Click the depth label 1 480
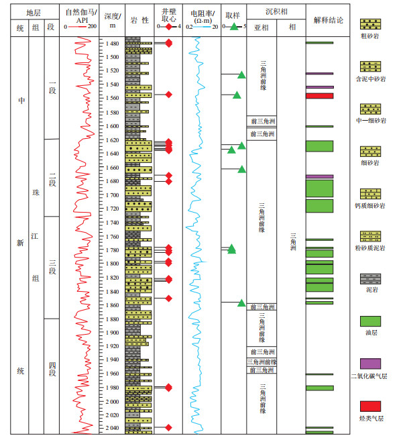(x=112, y=44)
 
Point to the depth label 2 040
(x=112, y=428)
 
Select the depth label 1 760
(x=112, y=237)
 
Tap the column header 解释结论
(x=328, y=20)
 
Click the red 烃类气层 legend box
(x=370, y=406)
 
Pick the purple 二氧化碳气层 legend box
(x=370, y=363)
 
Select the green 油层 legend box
(x=370, y=321)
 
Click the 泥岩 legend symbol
(x=370, y=278)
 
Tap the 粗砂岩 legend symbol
(x=370, y=25)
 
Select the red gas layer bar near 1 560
(x=319, y=96)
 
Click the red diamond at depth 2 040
(x=168, y=427)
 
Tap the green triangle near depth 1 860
(x=241, y=303)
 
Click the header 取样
(x=233, y=13)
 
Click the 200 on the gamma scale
(x=92, y=27)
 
